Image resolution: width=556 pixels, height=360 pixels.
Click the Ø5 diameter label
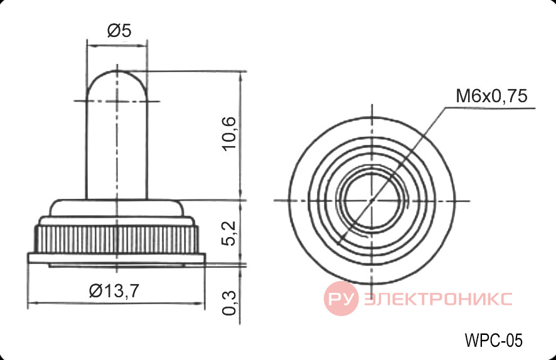[x=119, y=31]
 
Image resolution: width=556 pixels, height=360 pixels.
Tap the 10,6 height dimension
[x=228, y=134]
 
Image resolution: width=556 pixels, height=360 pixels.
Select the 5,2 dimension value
[x=228, y=233]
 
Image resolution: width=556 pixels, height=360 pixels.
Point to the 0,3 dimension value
[x=228, y=302]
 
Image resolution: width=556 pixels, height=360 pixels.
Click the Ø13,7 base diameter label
[x=114, y=291]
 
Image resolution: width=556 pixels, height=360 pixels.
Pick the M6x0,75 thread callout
[x=491, y=96]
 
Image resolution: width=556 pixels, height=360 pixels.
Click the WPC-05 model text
[x=494, y=341]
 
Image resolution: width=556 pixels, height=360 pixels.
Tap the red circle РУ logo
[x=341, y=299]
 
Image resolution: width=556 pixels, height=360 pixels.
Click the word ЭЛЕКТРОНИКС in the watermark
[x=438, y=299]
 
